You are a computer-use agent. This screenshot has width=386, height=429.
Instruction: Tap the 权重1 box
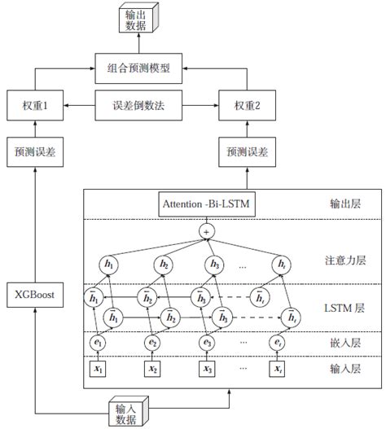pyautogui.click(x=33, y=105)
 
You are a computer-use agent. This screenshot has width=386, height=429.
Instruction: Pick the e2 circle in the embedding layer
pyautogui.click(x=151, y=344)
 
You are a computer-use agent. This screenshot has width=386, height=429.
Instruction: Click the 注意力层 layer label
pyautogui.click(x=344, y=261)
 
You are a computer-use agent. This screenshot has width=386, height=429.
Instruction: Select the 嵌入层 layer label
pyautogui.click(x=344, y=344)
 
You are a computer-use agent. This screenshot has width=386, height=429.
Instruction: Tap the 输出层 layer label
pyautogui.click(x=344, y=204)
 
